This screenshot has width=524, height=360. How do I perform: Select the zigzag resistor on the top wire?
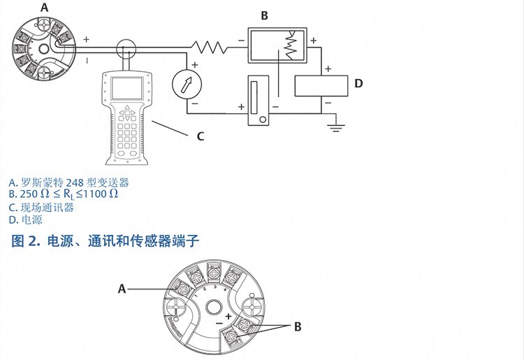[210, 46]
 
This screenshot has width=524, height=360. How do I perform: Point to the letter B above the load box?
[265, 15]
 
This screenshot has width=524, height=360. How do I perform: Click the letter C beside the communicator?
[201, 136]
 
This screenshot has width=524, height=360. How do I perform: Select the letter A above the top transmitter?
[45, 8]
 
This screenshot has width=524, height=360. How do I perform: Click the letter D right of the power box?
[358, 84]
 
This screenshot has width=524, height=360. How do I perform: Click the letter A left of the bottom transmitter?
[122, 288]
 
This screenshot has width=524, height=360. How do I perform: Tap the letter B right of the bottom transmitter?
[297, 326]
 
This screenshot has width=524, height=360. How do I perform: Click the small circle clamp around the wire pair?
[126, 49]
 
